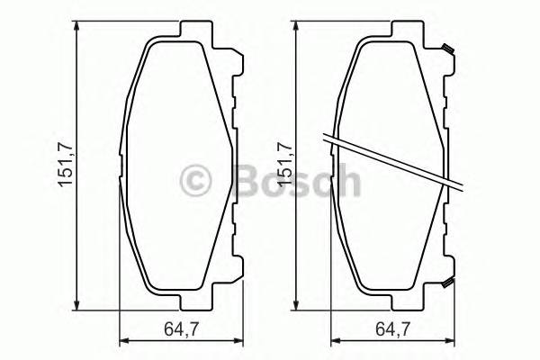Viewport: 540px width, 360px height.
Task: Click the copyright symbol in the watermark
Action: [x=196, y=181]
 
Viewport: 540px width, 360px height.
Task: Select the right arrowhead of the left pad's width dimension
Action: [x=240, y=339]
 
